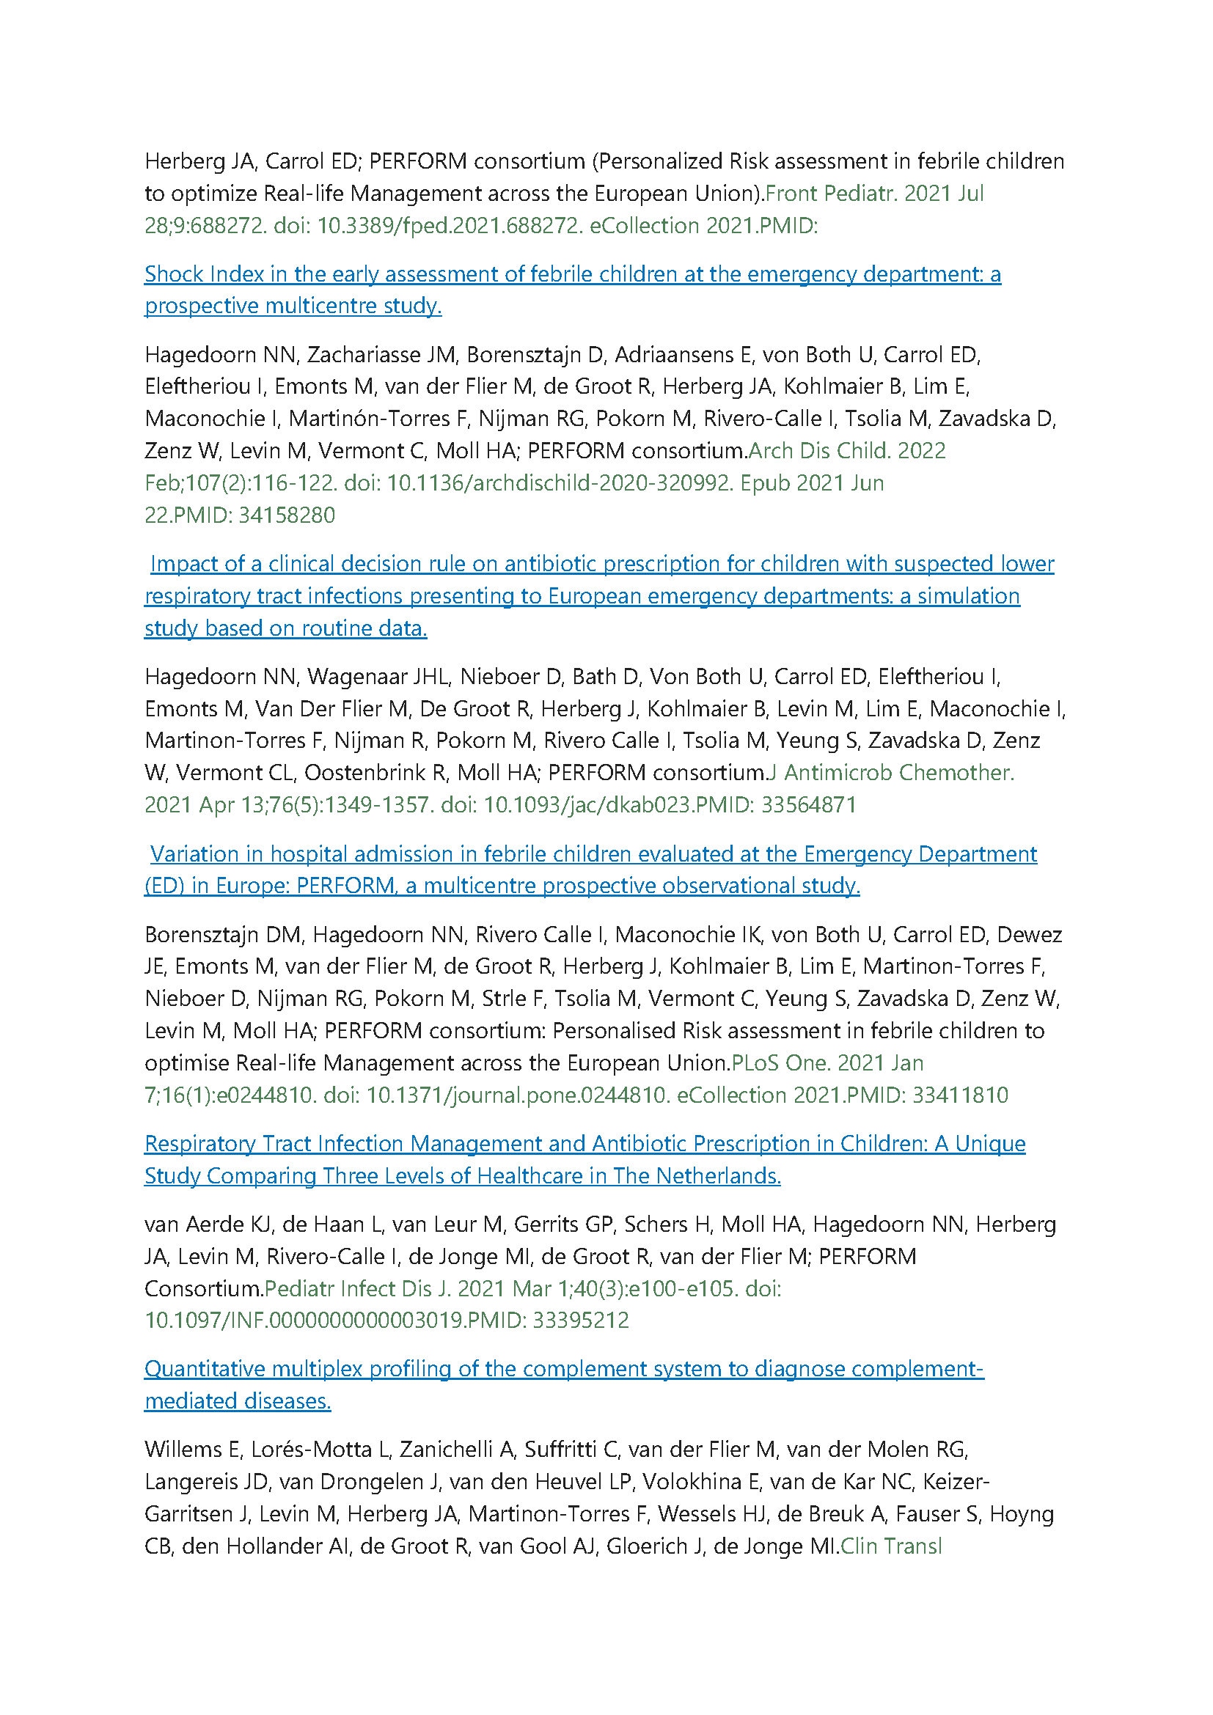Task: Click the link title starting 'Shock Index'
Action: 572,275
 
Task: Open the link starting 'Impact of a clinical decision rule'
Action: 602,564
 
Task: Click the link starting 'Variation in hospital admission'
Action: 593,853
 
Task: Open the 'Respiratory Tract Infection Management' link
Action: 584,1144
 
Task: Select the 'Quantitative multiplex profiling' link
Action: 564,1368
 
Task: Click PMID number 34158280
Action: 287,515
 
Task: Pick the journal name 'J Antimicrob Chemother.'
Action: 891,773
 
